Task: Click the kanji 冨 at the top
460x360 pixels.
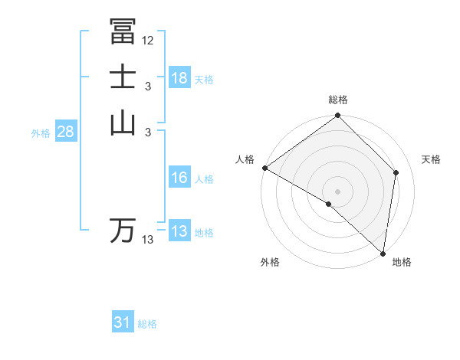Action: click(123, 31)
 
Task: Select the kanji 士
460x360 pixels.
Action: click(123, 77)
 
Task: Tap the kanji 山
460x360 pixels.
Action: click(123, 122)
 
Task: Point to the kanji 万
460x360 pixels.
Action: click(123, 230)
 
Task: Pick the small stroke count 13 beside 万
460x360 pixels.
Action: click(148, 240)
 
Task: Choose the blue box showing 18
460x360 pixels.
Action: click(179, 78)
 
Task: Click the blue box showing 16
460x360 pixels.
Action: click(179, 178)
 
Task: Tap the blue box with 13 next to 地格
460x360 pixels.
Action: click(179, 231)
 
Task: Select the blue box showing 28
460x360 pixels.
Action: click(65, 132)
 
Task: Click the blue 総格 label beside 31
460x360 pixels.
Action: click(147, 324)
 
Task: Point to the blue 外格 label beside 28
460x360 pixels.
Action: click(41, 133)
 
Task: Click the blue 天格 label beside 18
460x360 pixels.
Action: click(204, 79)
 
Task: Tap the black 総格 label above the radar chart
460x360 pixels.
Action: click(338, 100)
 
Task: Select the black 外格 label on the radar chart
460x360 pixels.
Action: click(270, 262)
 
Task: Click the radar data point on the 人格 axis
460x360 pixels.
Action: click(264, 168)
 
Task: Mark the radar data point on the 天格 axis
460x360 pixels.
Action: click(396, 172)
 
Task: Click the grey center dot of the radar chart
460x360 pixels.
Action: click(338, 191)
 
